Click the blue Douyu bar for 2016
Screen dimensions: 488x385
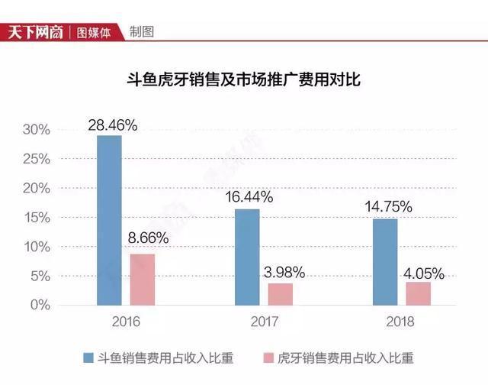(x=109, y=221)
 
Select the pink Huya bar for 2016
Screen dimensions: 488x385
(x=143, y=280)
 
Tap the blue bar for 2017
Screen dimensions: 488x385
(x=247, y=257)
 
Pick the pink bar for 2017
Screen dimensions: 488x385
(x=281, y=294)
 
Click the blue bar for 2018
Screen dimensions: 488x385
(x=385, y=262)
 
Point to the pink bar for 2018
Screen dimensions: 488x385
(x=419, y=294)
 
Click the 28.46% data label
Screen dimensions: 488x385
(x=113, y=125)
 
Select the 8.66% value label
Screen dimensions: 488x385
(x=148, y=238)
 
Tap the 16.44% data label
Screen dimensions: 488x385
(x=249, y=197)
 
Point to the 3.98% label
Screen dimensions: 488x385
(x=284, y=273)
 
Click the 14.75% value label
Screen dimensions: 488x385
(x=388, y=207)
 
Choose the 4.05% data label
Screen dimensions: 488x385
(x=424, y=273)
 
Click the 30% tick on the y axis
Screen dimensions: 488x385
(x=37, y=129)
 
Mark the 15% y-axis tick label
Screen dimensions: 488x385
(x=37, y=218)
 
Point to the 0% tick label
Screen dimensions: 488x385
(x=40, y=305)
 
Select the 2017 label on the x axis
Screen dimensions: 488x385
(x=265, y=322)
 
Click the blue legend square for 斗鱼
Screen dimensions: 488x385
(x=88, y=357)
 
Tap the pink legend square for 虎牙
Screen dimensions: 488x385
(x=268, y=357)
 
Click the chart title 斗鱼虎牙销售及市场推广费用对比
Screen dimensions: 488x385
(x=244, y=79)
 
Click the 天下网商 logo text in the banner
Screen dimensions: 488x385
(x=36, y=32)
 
